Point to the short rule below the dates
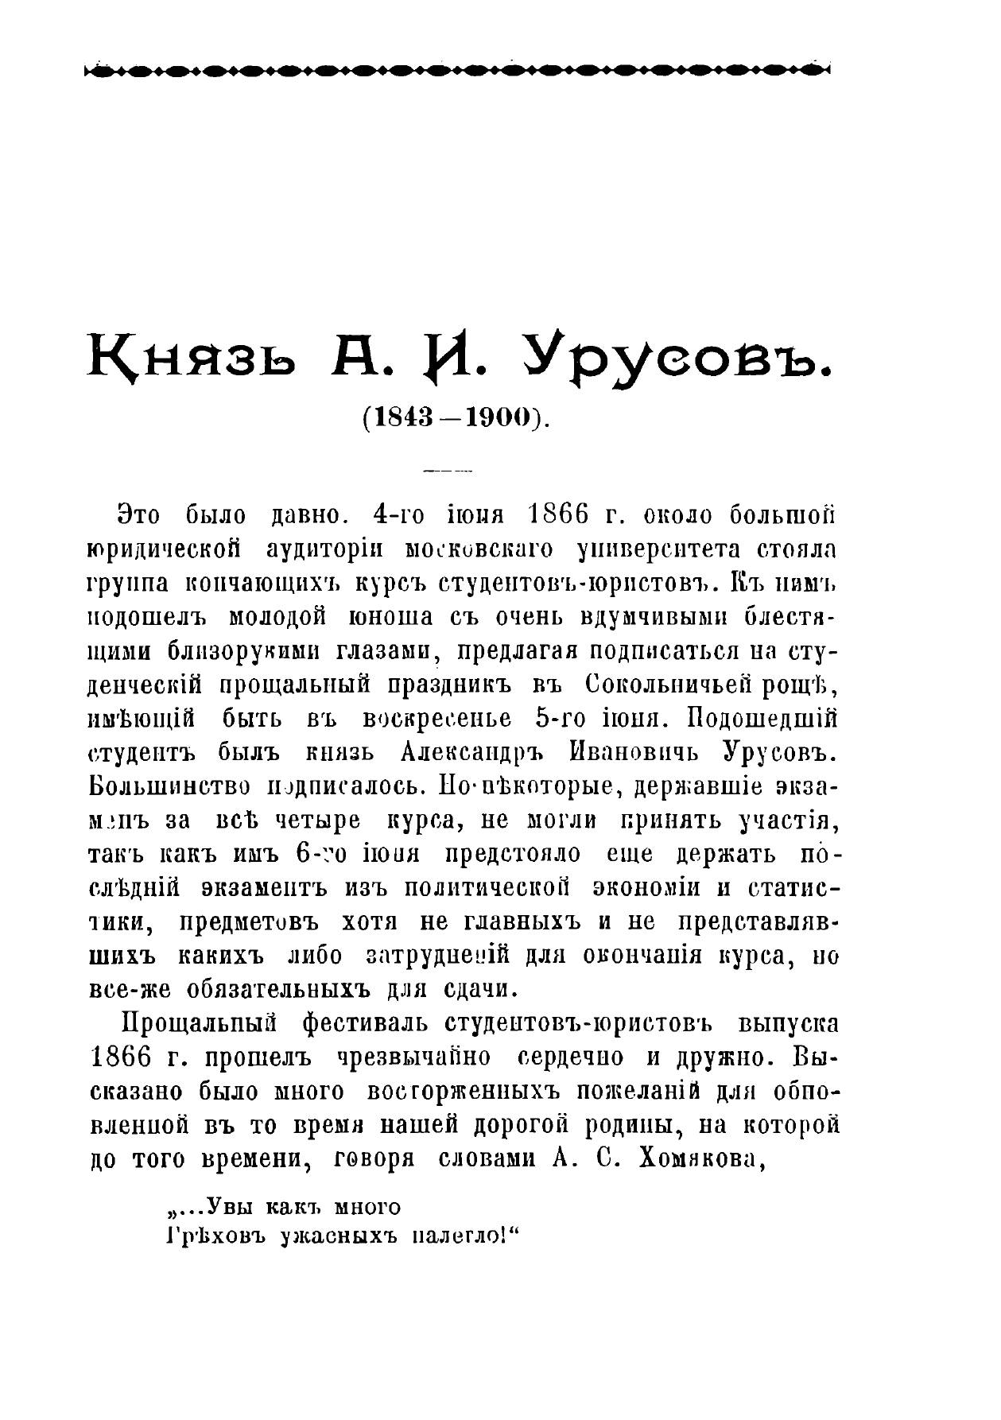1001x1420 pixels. click(448, 471)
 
